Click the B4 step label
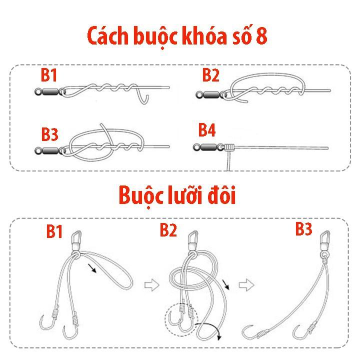point(207,130)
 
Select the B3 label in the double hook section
point(303,229)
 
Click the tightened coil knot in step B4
point(229,147)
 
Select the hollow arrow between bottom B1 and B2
point(150,285)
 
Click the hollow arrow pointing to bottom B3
point(244,285)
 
